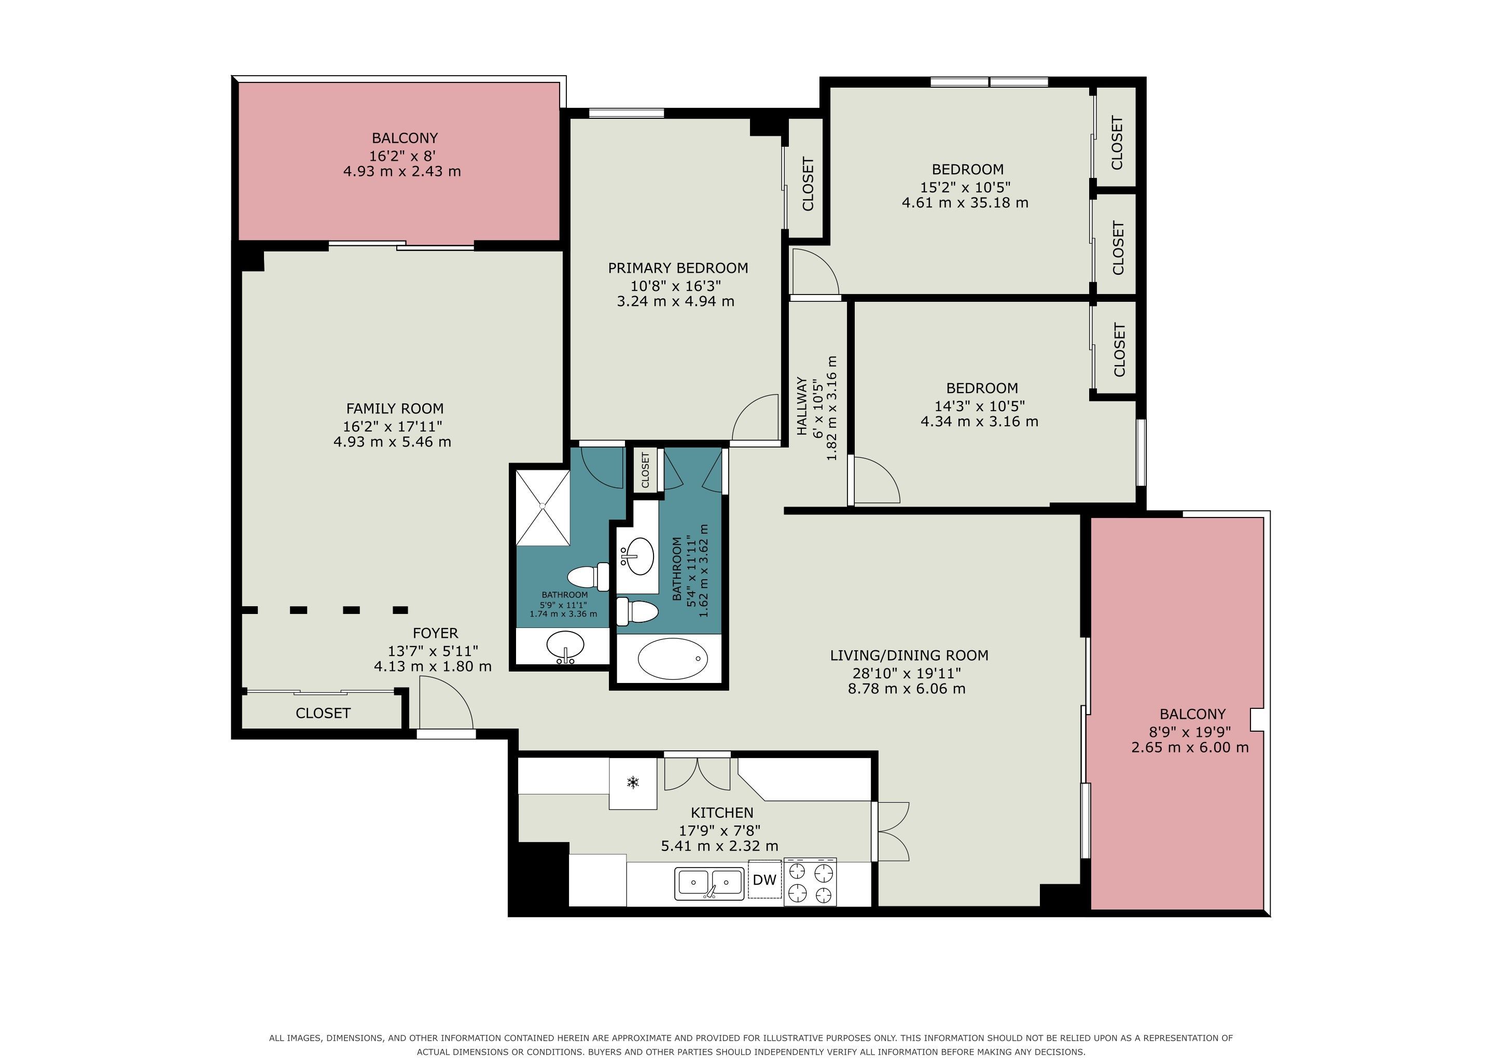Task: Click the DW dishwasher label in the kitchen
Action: coord(764,879)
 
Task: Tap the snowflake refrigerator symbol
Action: coord(633,781)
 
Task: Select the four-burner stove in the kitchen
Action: coord(810,882)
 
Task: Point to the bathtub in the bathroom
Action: coord(673,659)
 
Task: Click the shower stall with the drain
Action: coord(543,507)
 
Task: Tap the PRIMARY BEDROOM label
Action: coord(678,268)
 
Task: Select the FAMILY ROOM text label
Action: coord(395,409)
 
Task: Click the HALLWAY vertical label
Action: coord(801,406)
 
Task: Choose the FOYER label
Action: coord(435,633)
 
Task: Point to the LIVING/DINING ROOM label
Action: coord(909,655)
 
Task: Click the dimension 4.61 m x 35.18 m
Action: coord(965,203)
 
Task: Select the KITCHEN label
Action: coord(722,813)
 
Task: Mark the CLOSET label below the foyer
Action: coord(323,713)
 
